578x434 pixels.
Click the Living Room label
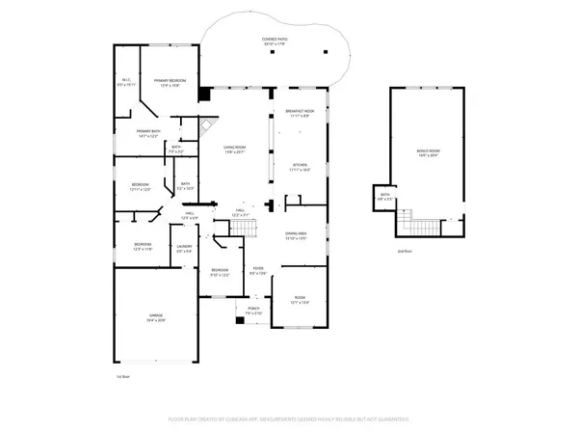235,149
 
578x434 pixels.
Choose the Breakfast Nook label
303,114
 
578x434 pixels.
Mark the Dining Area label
295,235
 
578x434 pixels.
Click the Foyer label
257,271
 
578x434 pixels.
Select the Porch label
252,310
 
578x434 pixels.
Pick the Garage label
155,317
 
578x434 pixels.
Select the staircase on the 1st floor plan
242,228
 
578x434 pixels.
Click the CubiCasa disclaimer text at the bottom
289,420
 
